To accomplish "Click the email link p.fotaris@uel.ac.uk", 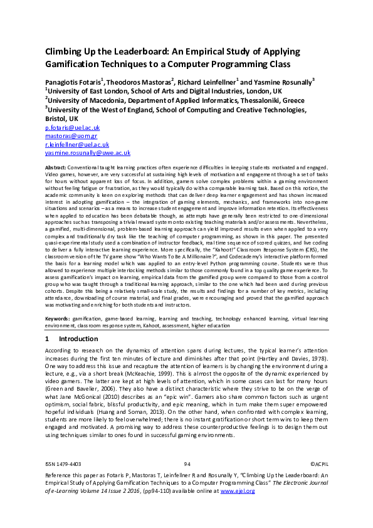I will tap(72, 127).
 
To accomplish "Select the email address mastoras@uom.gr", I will tap(71, 135).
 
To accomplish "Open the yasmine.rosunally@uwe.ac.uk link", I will tap(88, 152).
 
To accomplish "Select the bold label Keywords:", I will tap(58, 319).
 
